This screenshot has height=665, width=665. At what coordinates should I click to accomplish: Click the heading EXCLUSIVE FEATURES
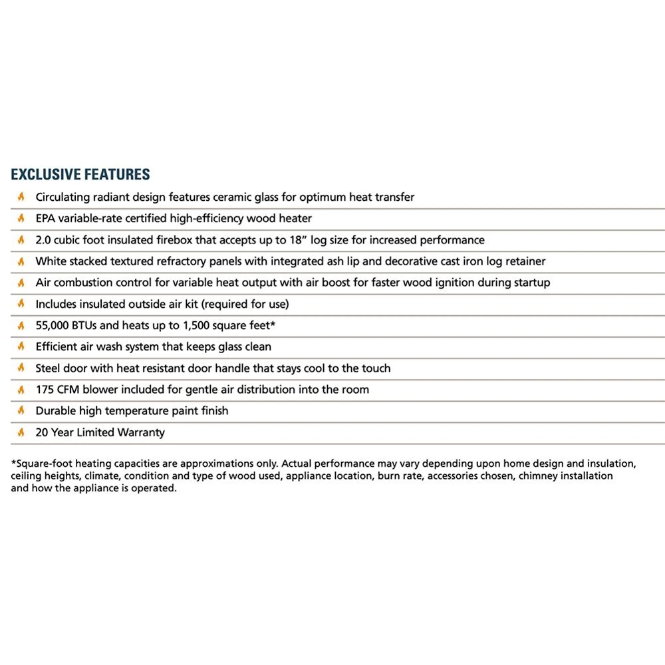pos(80,175)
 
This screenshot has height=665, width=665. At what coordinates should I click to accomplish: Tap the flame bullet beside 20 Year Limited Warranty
pos(21,432)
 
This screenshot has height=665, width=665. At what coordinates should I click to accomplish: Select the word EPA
pos(46,218)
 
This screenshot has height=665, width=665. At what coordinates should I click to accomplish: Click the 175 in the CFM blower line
pos(45,389)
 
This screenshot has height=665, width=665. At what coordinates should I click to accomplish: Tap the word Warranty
pos(140,432)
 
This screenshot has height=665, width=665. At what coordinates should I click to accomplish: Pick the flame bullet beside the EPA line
pos(21,218)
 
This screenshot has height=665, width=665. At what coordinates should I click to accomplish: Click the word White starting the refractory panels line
pos(51,261)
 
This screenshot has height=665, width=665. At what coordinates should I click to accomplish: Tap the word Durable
pos(55,411)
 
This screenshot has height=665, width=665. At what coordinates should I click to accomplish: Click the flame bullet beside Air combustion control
pos(21,283)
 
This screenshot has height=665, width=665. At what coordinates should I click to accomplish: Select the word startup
pos(531,283)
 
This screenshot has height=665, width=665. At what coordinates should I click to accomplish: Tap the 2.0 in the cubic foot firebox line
pos(43,239)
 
